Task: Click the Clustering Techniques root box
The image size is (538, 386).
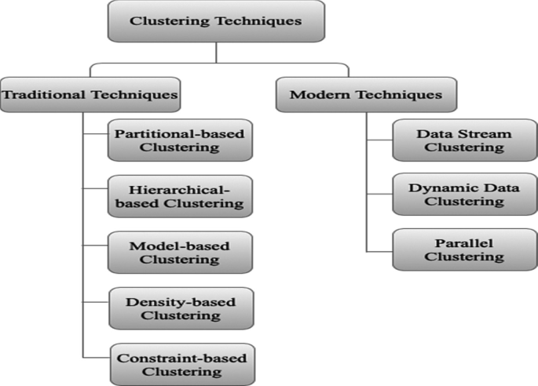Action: [215, 21]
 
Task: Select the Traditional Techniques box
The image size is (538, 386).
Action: [90, 95]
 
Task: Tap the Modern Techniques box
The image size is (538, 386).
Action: [366, 95]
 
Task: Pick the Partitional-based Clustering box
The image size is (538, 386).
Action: [180, 140]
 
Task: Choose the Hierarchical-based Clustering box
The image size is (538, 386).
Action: [180, 196]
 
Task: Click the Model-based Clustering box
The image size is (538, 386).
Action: [180, 253]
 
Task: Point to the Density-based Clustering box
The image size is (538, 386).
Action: [180, 308]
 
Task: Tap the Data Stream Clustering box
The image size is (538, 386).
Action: [453, 140]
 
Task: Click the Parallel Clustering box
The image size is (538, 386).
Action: [453, 249]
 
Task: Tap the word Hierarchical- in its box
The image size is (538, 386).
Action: [180, 189]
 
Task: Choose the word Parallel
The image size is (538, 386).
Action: [453, 242]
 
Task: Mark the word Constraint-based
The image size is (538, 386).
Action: [181, 358]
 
